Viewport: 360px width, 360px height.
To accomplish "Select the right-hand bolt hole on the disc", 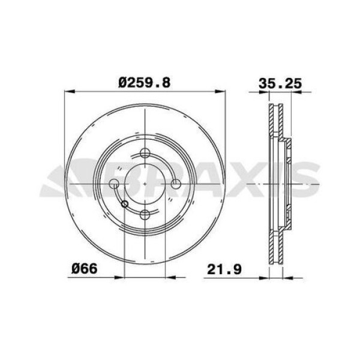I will coord(175,182).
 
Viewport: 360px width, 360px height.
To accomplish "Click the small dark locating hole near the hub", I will coord(125,205).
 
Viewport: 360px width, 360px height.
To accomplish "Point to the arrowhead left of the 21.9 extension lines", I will coord(264,277).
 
